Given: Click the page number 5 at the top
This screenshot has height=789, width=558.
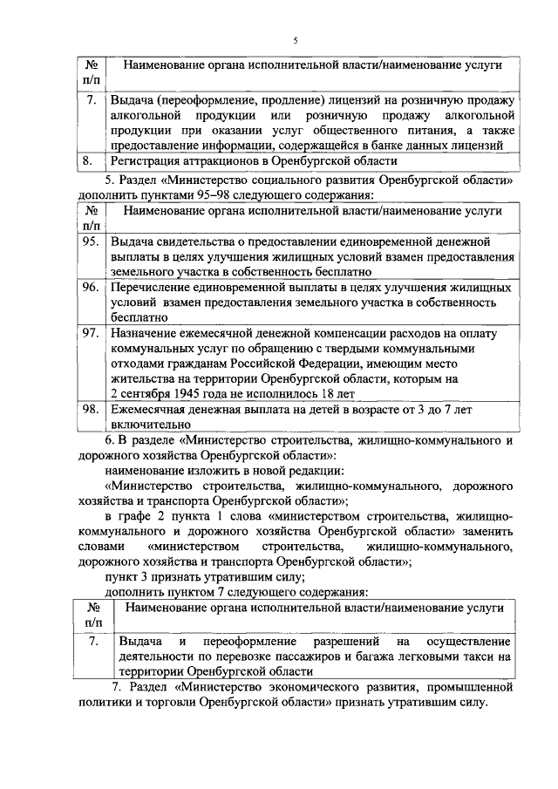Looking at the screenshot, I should (295, 41).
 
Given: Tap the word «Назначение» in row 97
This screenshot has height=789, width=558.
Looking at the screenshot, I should (147, 334).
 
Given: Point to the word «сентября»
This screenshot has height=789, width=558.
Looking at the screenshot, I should (153, 393).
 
